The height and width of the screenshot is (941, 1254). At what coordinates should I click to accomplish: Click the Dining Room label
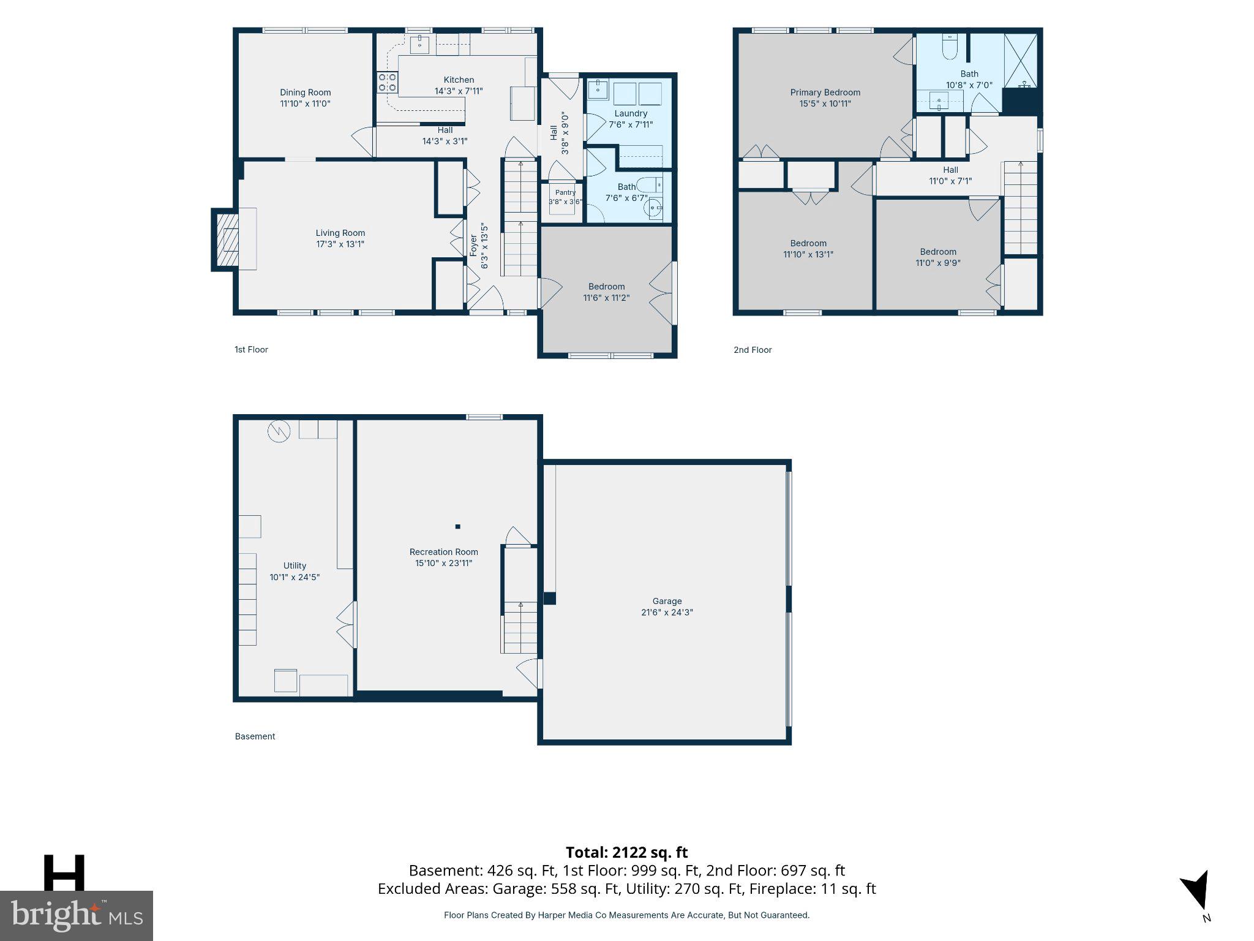[306, 93]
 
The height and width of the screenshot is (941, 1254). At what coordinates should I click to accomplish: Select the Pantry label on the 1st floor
[565, 192]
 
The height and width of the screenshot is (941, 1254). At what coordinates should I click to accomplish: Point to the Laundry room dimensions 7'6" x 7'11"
[631, 124]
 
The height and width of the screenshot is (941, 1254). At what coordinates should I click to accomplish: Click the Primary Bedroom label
[825, 93]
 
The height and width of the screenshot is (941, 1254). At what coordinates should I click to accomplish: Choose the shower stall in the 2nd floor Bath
[1021, 60]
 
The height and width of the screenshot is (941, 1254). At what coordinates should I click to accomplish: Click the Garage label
[667, 601]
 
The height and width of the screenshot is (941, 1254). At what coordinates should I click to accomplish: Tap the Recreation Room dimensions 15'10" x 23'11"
[444, 563]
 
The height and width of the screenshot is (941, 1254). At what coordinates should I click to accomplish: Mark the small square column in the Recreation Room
[457, 526]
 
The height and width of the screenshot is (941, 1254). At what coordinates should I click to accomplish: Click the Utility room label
[295, 565]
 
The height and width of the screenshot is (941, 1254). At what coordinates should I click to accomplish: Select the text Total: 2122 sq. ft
[626, 852]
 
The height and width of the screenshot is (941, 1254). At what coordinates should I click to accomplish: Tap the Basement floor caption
[255, 736]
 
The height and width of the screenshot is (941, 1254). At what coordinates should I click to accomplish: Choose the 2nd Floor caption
[753, 350]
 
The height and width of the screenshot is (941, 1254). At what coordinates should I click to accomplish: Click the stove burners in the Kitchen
[387, 83]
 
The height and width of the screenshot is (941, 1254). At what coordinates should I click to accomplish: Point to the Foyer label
[473, 246]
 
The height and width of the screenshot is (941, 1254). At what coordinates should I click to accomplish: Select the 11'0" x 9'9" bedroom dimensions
[938, 263]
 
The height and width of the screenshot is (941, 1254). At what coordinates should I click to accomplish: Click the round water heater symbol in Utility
[278, 431]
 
